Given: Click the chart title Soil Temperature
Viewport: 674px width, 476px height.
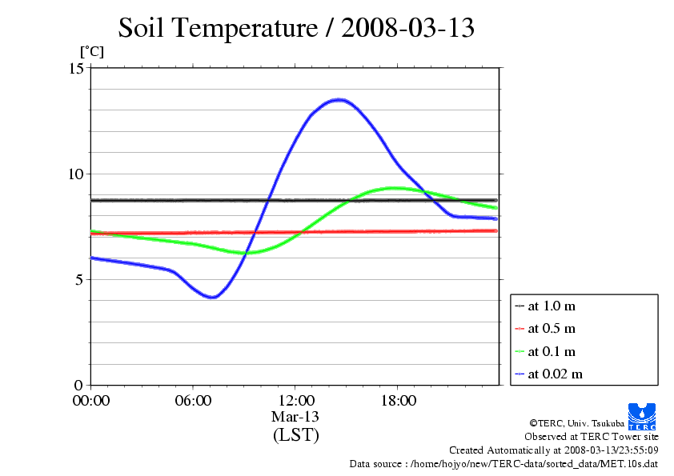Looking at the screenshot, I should (x=297, y=28).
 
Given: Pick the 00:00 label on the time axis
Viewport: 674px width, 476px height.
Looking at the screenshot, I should (x=91, y=401).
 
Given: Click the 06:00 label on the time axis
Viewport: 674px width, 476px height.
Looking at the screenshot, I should (x=193, y=401).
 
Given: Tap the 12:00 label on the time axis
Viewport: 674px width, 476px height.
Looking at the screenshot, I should (x=295, y=401).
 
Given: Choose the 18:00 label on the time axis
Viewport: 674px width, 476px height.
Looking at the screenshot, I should (x=398, y=401).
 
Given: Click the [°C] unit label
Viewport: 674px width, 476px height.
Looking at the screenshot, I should (x=90, y=51).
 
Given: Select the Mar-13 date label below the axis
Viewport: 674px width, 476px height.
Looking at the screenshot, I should (x=295, y=417).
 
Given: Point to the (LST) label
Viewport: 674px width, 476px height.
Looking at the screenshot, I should (x=295, y=435).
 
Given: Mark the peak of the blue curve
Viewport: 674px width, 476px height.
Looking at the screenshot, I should (x=339, y=99).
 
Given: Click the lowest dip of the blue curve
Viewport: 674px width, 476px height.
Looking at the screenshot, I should (x=212, y=298).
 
